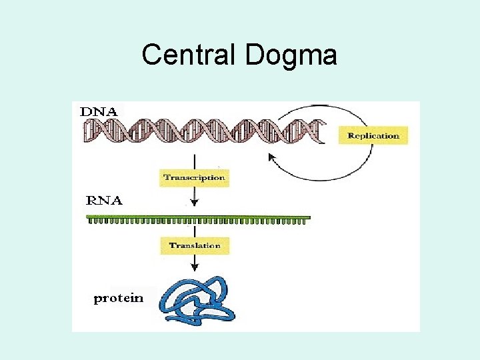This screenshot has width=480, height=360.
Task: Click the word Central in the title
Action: [x=190, y=55]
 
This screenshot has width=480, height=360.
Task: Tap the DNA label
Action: [x=99, y=112]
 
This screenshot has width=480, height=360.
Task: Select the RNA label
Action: [x=105, y=200]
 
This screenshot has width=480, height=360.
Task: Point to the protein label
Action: [x=119, y=298]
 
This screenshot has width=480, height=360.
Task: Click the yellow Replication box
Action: [x=373, y=136]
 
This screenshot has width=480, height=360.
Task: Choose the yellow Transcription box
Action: [x=195, y=177]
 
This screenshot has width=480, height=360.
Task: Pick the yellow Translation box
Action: [x=195, y=246]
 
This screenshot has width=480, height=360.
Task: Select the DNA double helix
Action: [x=200, y=131]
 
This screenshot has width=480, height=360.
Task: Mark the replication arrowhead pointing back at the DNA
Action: [x=272, y=157]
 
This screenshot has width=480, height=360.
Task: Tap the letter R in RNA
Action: [x=93, y=200]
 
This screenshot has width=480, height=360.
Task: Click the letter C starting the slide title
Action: [x=152, y=55]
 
